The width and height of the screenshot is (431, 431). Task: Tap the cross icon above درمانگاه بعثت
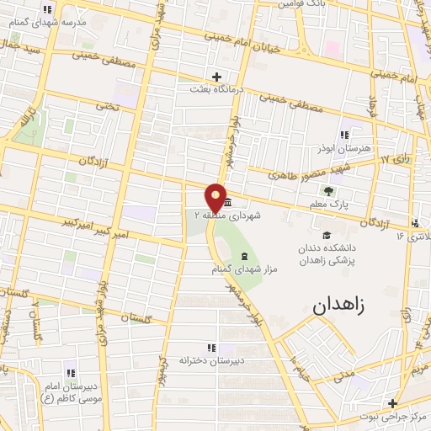pyautogui.click(x=218, y=77)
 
